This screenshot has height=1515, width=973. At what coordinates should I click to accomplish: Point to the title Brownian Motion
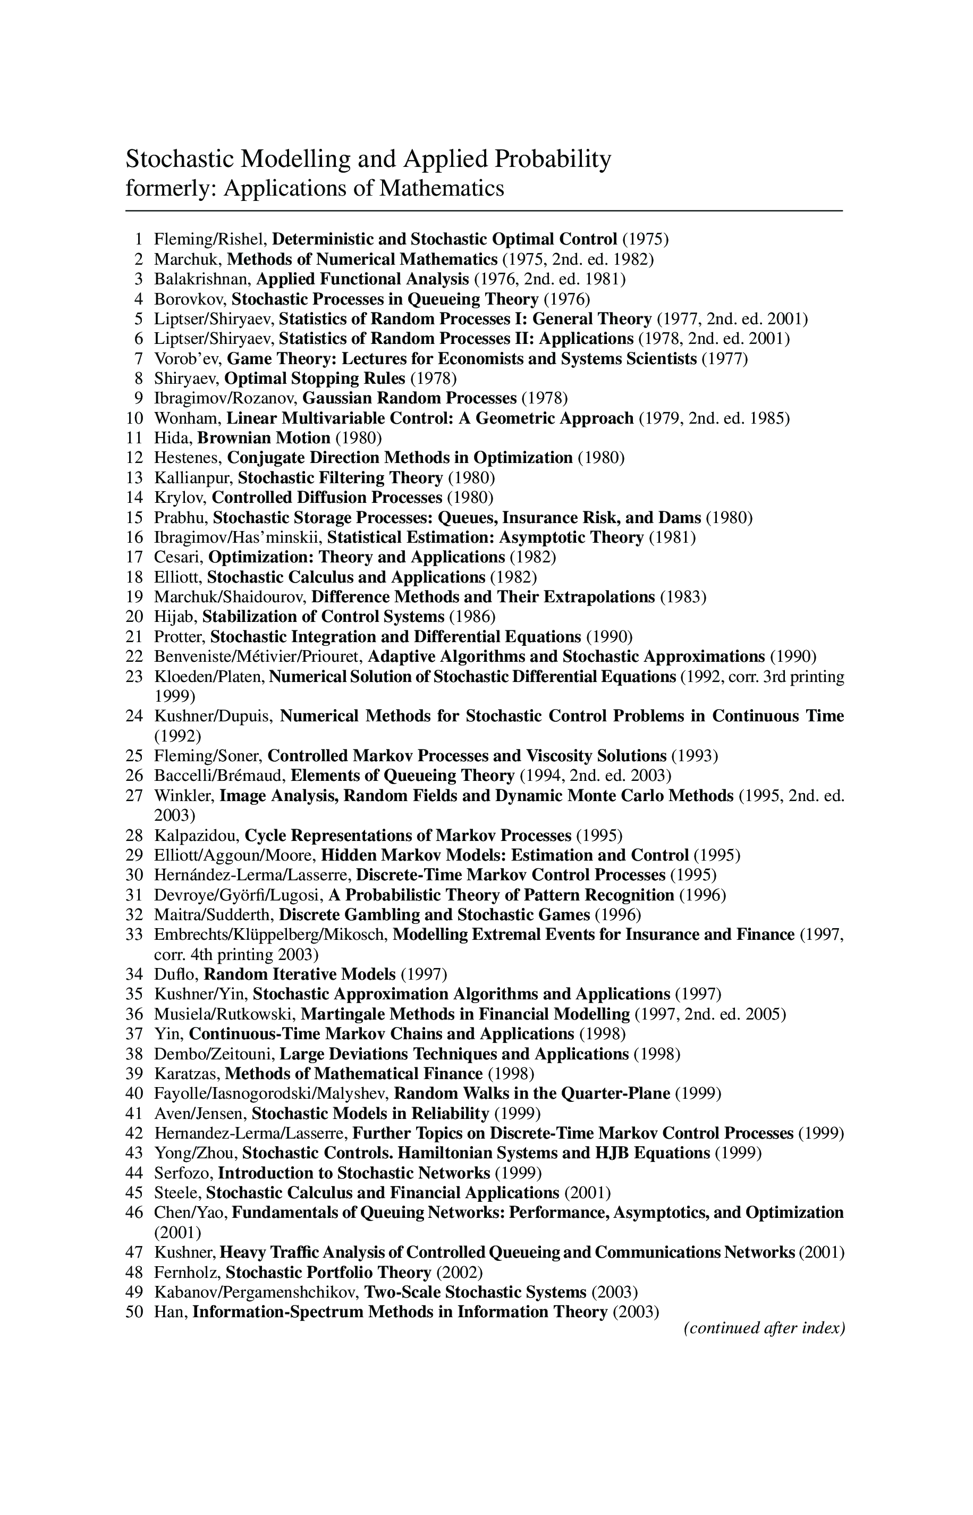[x=264, y=438]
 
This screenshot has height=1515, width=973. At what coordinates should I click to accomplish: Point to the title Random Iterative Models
[x=300, y=974]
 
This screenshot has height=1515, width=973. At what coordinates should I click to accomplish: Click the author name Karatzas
[x=187, y=1074]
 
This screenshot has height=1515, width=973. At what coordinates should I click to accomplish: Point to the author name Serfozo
[x=183, y=1173]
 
